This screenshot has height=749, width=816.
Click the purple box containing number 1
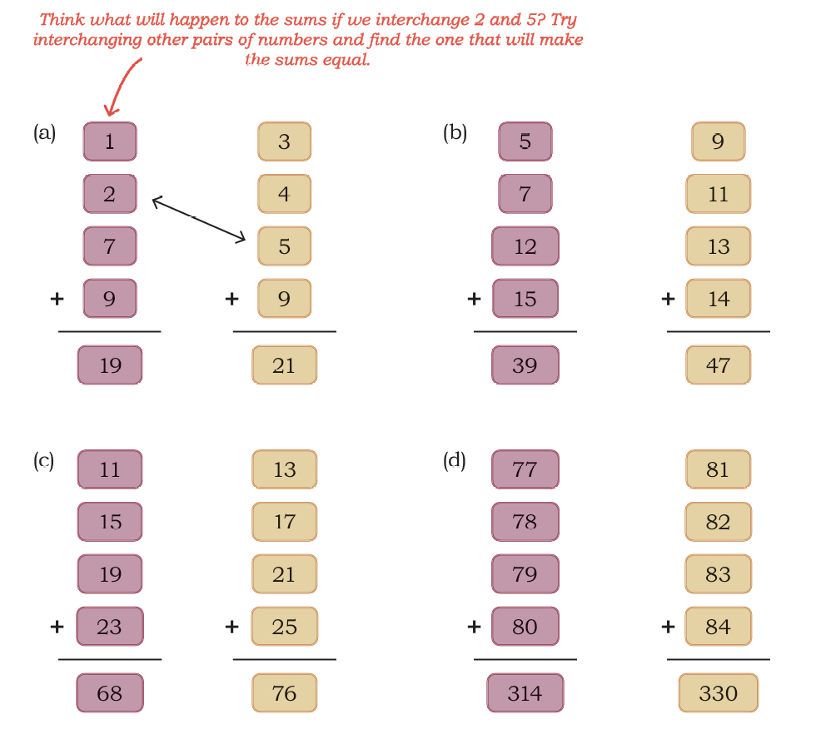[x=110, y=141]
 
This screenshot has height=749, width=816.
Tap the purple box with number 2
[x=110, y=194]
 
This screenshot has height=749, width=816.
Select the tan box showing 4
[x=284, y=194]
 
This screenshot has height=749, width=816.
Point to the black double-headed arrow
[x=198, y=218]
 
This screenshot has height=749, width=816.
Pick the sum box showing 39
[x=525, y=365]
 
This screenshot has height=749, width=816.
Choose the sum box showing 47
[x=718, y=365]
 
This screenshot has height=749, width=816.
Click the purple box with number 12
[x=525, y=246]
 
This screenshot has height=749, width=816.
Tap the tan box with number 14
[x=718, y=299]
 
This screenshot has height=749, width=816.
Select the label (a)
[x=45, y=133]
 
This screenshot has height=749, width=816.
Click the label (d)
[x=455, y=461]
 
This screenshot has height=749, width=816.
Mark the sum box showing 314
[x=525, y=692]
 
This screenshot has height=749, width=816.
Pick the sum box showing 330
[x=718, y=692]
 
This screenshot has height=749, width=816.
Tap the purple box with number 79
[x=525, y=574]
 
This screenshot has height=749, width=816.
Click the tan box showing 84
[x=718, y=627]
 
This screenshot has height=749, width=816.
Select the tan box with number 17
[x=284, y=522]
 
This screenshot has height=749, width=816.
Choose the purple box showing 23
[x=110, y=627]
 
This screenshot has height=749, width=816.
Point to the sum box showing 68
[x=110, y=692]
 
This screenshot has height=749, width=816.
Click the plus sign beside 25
[x=231, y=627]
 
